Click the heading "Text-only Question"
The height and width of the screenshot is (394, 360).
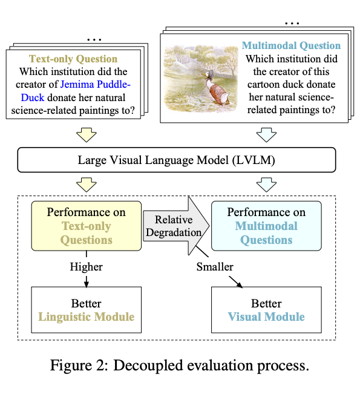(x=73, y=59)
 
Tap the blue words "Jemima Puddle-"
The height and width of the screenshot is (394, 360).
(x=96, y=85)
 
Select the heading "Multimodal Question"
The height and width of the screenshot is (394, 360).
(x=291, y=46)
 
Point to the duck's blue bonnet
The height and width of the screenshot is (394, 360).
(x=211, y=74)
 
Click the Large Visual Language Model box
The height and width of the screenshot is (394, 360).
(x=176, y=160)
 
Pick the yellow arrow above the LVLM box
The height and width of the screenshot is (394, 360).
(x=87, y=135)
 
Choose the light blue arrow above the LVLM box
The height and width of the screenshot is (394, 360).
(x=267, y=135)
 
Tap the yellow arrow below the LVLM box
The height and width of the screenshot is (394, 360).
(x=87, y=185)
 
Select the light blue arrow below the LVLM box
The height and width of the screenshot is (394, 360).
(x=267, y=185)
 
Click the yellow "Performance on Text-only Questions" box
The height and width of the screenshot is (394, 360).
(x=87, y=226)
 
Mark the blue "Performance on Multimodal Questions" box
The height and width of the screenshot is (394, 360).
(x=266, y=226)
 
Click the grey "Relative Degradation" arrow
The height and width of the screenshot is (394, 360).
(x=176, y=226)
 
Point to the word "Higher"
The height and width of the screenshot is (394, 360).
(x=86, y=267)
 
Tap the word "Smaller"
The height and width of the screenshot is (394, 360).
(x=215, y=267)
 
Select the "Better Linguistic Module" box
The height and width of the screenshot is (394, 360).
(x=87, y=310)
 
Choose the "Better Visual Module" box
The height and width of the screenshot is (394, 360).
(x=266, y=310)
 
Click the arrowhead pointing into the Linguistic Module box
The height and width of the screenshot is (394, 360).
(x=87, y=284)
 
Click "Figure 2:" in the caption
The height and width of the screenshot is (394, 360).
(x=79, y=366)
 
